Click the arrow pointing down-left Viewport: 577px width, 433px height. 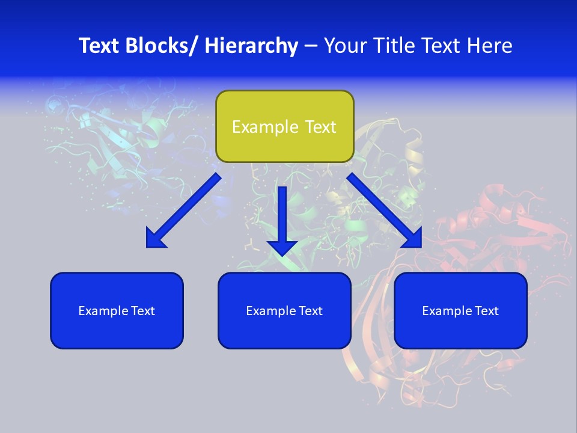pos(183,210)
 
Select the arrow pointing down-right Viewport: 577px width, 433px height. pos(385,210)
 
